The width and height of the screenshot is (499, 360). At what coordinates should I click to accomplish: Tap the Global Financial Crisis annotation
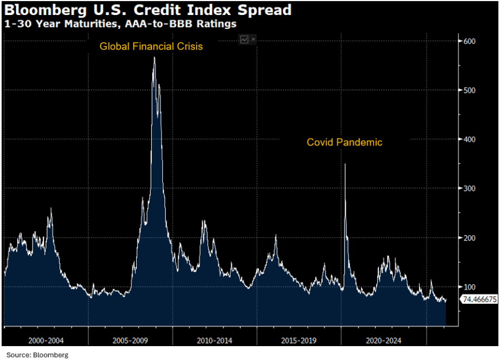(151, 47)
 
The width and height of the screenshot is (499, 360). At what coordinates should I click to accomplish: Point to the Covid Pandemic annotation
(345, 142)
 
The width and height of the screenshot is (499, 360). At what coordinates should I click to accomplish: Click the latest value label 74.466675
(479, 299)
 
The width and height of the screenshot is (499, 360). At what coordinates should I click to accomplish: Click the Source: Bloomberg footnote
(37, 354)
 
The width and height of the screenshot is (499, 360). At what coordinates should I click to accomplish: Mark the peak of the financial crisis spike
(154, 57)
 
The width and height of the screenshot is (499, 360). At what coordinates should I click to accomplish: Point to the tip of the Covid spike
(345, 164)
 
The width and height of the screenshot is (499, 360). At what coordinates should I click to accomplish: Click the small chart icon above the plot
(244, 39)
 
